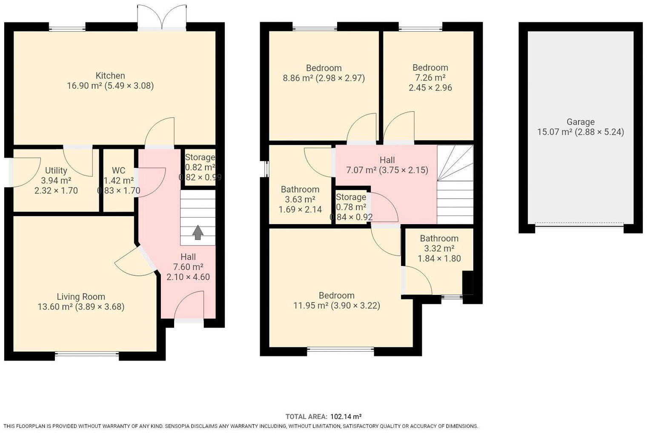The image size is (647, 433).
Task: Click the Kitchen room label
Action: click(110, 76)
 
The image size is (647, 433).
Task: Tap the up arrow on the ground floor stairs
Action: click(198, 233)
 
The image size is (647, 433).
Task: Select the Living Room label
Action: click(81, 297)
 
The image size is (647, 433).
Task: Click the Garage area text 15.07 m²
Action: click(554, 132)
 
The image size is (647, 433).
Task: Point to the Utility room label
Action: click(56, 170)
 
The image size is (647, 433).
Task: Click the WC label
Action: click(118, 170)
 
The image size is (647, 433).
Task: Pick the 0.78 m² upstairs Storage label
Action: click(351, 207)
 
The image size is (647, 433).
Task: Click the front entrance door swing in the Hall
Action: click(189, 306)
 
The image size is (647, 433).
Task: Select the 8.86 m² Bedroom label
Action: click(323, 68)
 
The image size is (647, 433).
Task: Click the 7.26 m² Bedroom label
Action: click(430, 68)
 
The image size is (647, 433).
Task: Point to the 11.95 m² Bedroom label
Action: click(336, 296)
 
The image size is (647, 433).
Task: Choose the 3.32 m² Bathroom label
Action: click(439, 239)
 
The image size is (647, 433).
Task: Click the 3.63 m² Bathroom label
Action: click(300, 190)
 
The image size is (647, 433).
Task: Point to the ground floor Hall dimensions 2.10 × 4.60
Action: click(188, 277)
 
